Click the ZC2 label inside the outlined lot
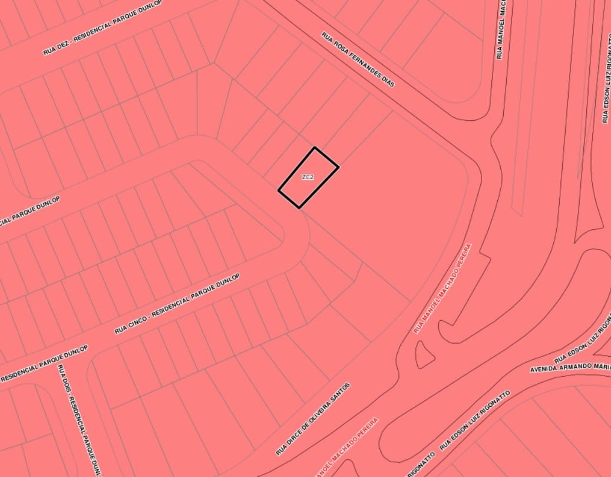(307, 177)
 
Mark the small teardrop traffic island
(424, 354)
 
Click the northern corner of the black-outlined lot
(315, 147)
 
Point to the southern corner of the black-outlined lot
(299, 208)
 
